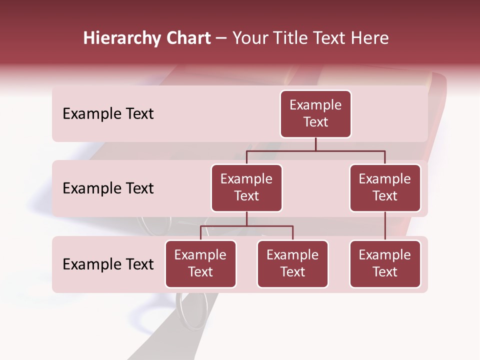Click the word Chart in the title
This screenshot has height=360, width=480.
coord(187,38)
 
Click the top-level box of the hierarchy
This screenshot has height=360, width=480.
coord(315,114)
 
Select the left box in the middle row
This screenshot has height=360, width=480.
coord(246,188)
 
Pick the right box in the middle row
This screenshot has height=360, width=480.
coord(385,188)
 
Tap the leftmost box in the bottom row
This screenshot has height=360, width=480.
coord(200,264)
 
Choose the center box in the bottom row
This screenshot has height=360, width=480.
coord(292,264)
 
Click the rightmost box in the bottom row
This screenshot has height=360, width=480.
coord(385,264)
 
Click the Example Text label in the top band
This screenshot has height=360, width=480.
coord(108,114)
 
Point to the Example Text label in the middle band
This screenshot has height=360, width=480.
coord(108,188)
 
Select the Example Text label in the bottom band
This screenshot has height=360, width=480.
coord(108,264)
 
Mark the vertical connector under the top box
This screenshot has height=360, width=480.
coord(315,144)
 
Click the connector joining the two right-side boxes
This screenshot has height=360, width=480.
coord(385,226)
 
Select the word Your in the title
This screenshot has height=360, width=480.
coord(248,38)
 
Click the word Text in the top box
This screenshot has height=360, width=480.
coord(315,122)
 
